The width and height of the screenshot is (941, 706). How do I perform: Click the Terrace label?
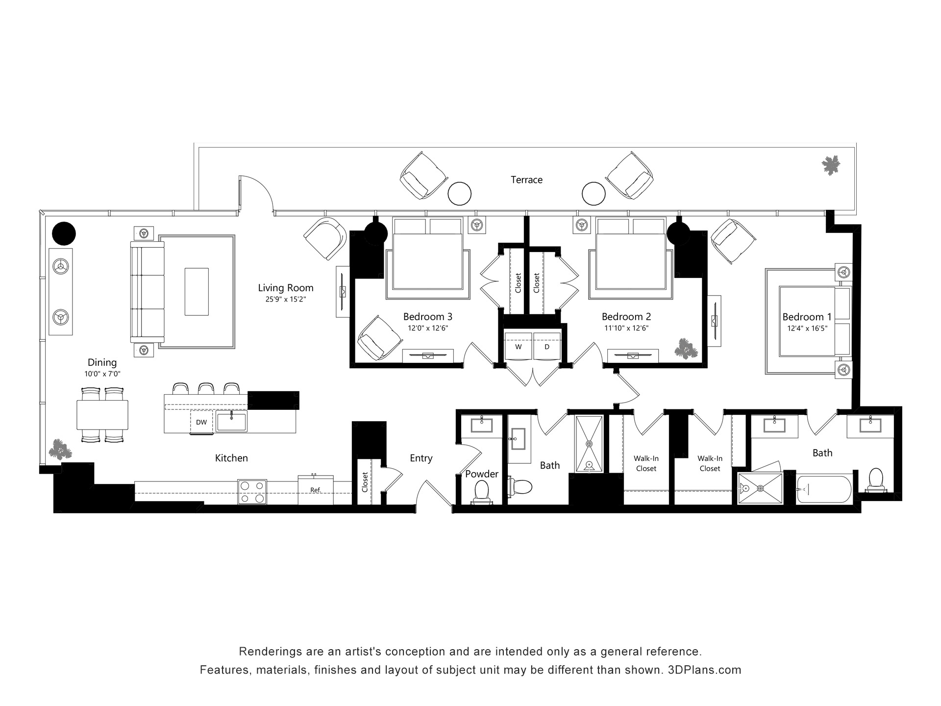pyautogui.click(x=526, y=180)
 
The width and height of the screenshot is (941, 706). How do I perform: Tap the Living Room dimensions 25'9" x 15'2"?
pyautogui.click(x=286, y=299)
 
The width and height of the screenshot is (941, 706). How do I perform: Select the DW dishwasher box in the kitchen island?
pyautogui.click(x=201, y=422)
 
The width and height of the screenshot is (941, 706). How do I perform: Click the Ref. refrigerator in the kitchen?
pyautogui.click(x=316, y=490)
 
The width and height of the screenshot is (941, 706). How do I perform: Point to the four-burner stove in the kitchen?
pyautogui.click(x=252, y=492)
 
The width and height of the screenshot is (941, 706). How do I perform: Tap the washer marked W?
pyautogui.click(x=518, y=347)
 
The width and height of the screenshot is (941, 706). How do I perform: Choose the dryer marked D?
pyautogui.click(x=547, y=347)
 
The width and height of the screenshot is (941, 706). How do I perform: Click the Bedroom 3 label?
pyautogui.click(x=428, y=317)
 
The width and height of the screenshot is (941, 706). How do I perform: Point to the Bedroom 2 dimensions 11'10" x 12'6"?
pyautogui.click(x=626, y=328)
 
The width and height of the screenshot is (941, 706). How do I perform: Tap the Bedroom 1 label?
pyautogui.click(x=807, y=317)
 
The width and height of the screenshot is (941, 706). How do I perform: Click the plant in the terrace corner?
pyautogui.click(x=831, y=166)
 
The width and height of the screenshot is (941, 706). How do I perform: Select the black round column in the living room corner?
pyautogui.click(x=64, y=233)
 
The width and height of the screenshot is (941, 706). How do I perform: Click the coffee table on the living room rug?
pyautogui.click(x=197, y=291)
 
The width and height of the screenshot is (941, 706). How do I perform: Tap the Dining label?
pyautogui.click(x=102, y=362)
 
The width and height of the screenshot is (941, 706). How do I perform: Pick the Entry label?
pyautogui.click(x=421, y=458)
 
